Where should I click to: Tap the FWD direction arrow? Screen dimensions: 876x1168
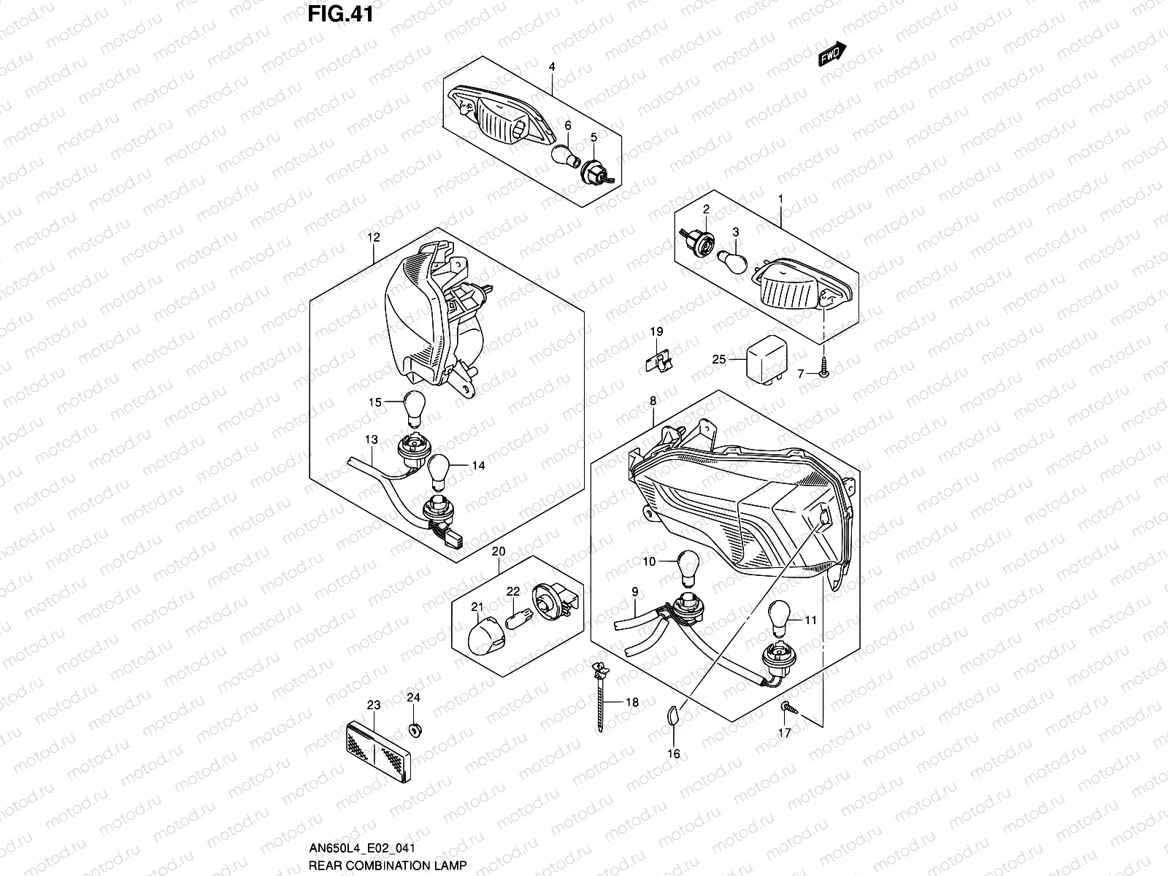832,56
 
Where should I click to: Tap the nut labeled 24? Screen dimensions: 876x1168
415,729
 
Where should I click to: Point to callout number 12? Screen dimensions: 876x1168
374,237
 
